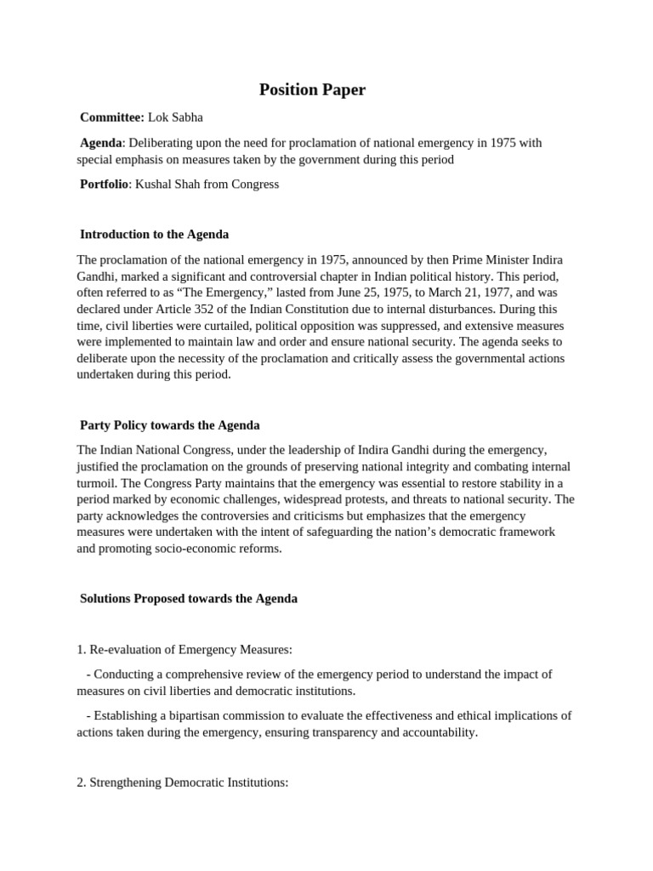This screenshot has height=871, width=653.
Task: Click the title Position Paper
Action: tap(312, 89)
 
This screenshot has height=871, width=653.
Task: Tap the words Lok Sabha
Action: tap(176, 117)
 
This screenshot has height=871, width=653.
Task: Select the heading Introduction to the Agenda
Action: tap(154, 234)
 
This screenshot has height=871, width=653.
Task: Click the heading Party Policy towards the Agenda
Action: tap(169, 424)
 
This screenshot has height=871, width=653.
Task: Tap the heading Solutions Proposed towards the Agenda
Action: tap(188, 598)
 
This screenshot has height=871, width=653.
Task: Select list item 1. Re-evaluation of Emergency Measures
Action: tap(185, 649)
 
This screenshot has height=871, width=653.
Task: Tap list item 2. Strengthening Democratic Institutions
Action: tap(183, 782)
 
